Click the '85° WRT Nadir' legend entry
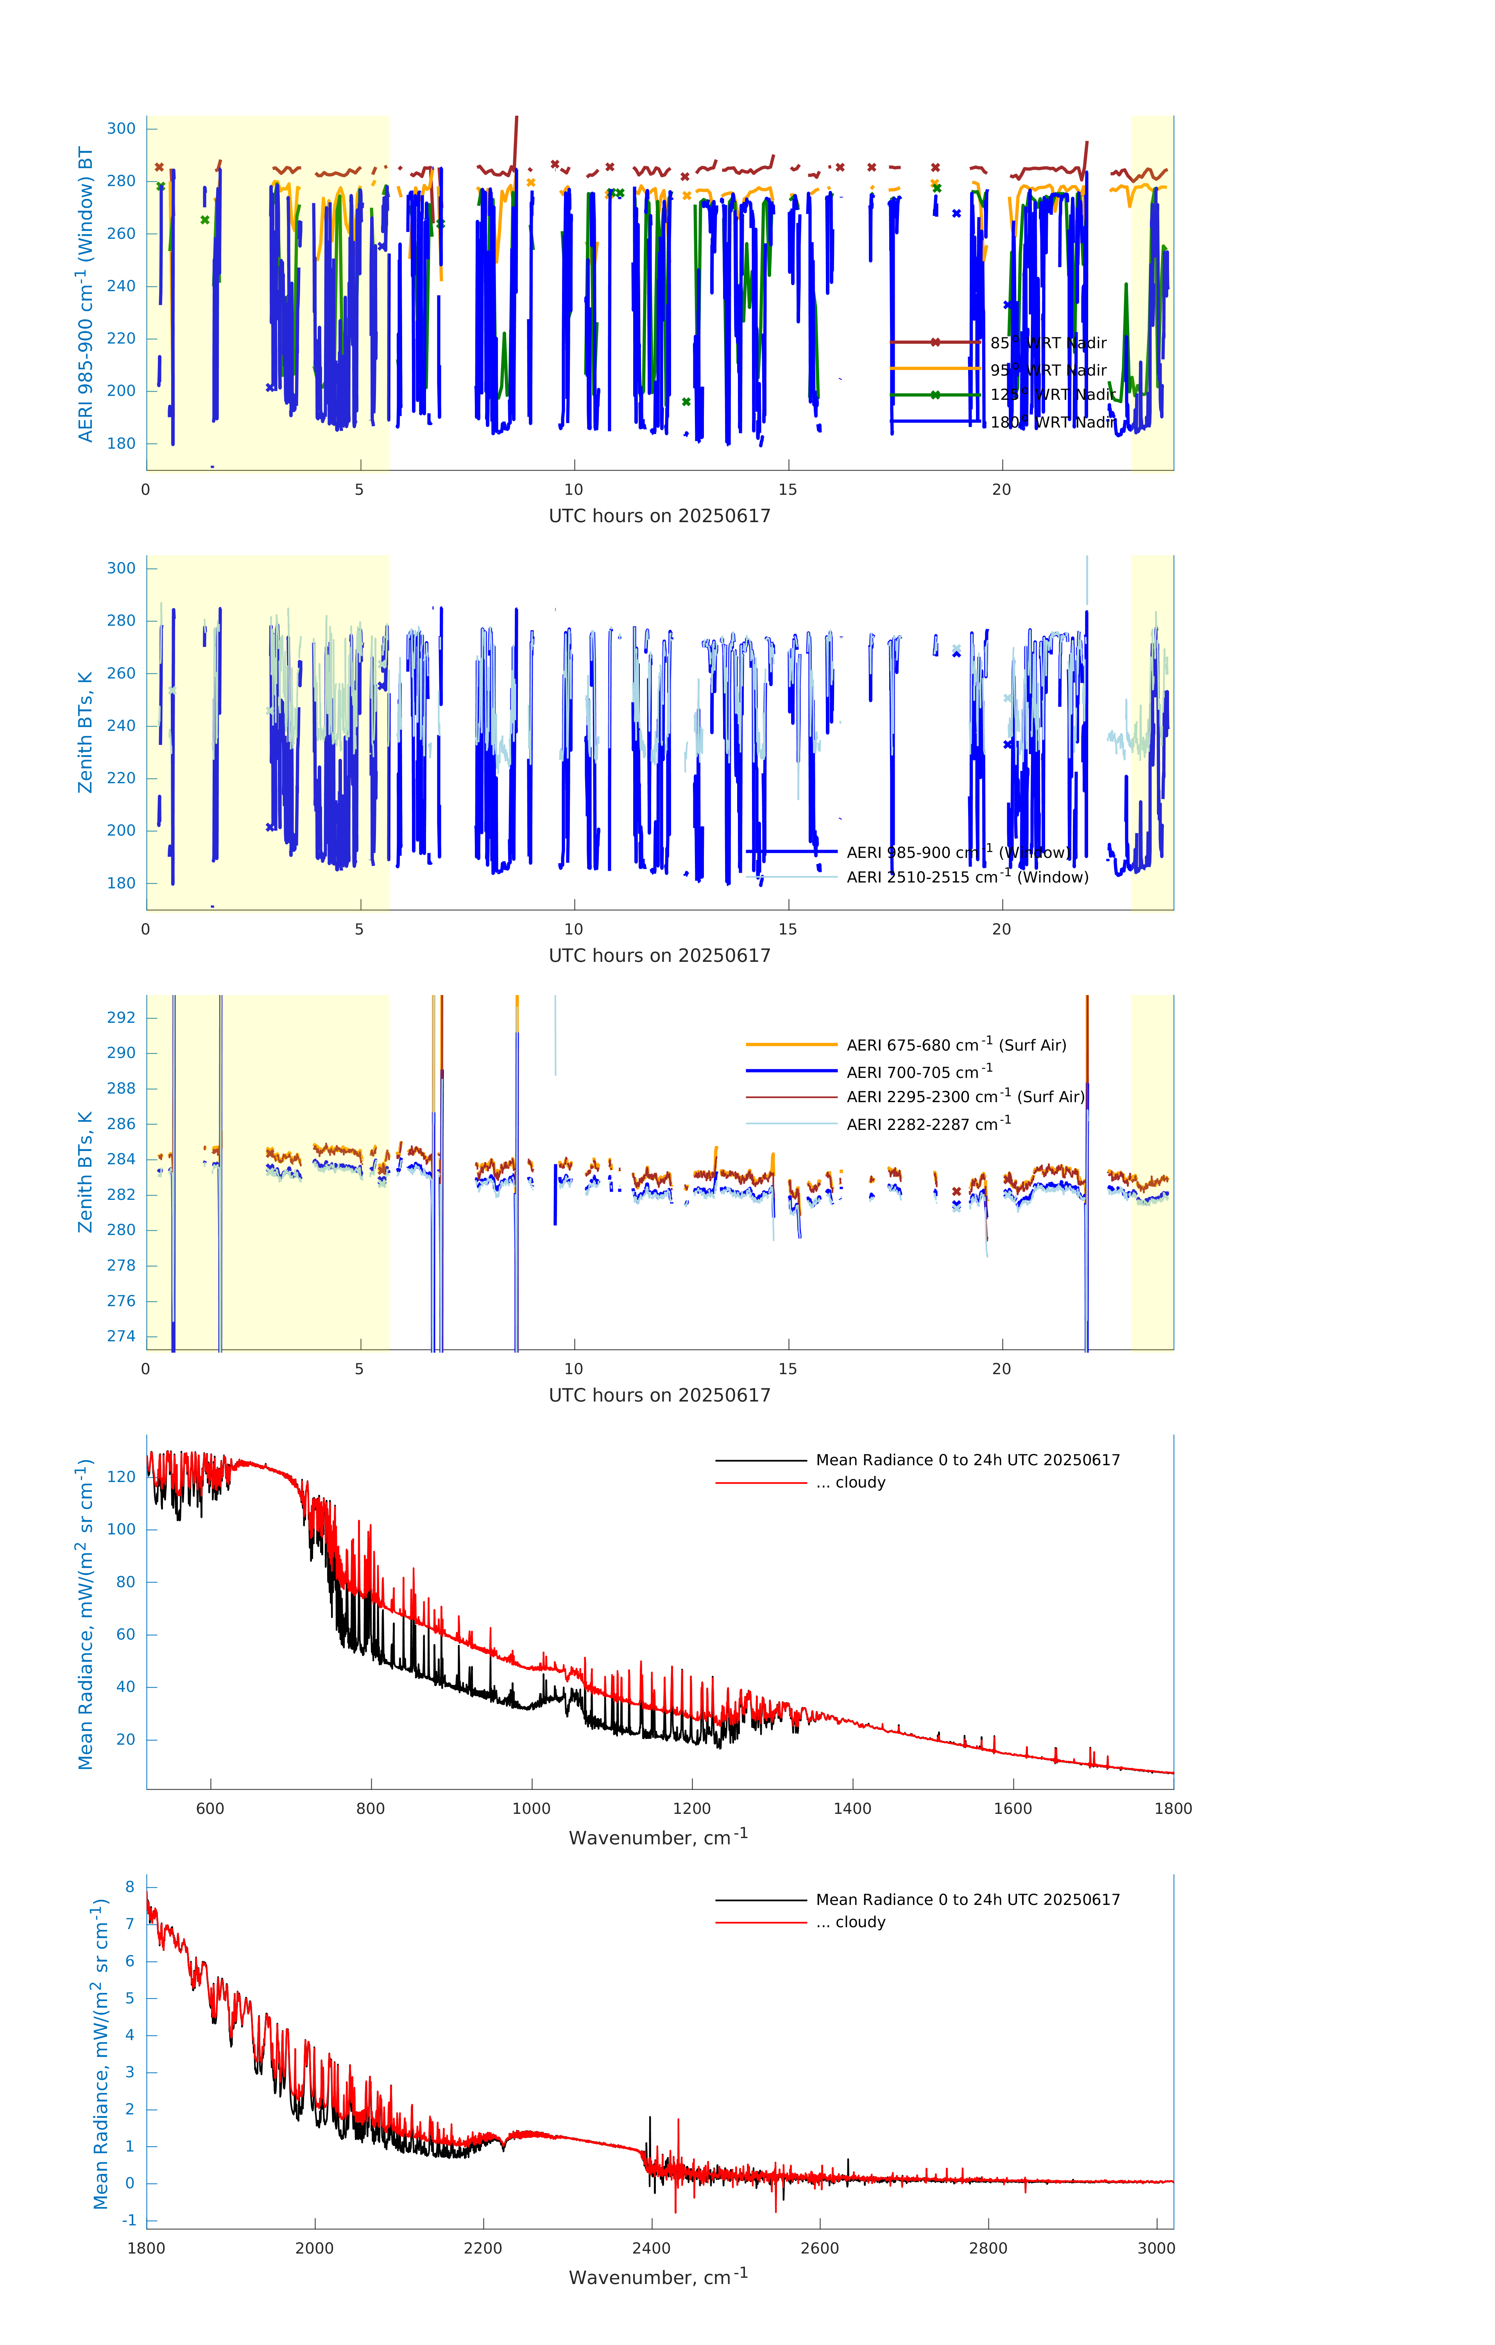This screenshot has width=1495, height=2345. [1048, 343]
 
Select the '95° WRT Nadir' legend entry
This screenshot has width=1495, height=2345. [1048, 370]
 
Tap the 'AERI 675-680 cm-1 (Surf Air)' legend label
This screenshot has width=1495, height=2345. [956, 1045]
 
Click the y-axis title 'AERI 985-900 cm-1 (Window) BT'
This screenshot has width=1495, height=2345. [86, 294]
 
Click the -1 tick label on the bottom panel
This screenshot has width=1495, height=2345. [127, 2220]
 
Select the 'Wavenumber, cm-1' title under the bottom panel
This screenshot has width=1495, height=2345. [658, 2277]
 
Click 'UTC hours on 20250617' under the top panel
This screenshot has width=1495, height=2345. [659, 516]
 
